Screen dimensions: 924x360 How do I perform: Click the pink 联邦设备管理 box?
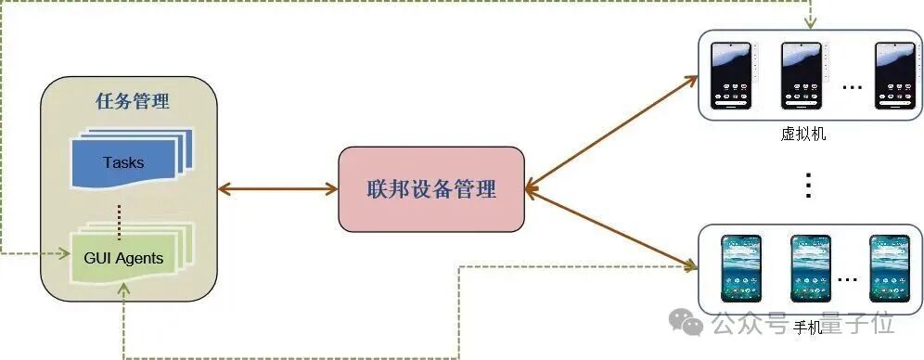(x=431, y=189)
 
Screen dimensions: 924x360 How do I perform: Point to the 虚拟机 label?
(x=803, y=134)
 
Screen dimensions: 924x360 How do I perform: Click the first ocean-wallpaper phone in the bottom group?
(x=741, y=268)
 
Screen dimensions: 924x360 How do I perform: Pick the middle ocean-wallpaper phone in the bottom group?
(x=810, y=268)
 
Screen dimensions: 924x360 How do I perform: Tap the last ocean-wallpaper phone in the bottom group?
(x=888, y=268)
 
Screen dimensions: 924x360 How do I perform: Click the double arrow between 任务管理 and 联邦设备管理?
(x=277, y=189)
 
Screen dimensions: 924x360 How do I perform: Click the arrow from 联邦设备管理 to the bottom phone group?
(x=612, y=229)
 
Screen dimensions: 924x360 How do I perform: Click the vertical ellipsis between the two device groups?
(x=807, y=186)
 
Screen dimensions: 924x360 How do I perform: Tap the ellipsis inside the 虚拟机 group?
(x=852, y=87)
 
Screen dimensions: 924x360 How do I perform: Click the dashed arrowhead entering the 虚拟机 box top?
(x=810, y=24)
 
